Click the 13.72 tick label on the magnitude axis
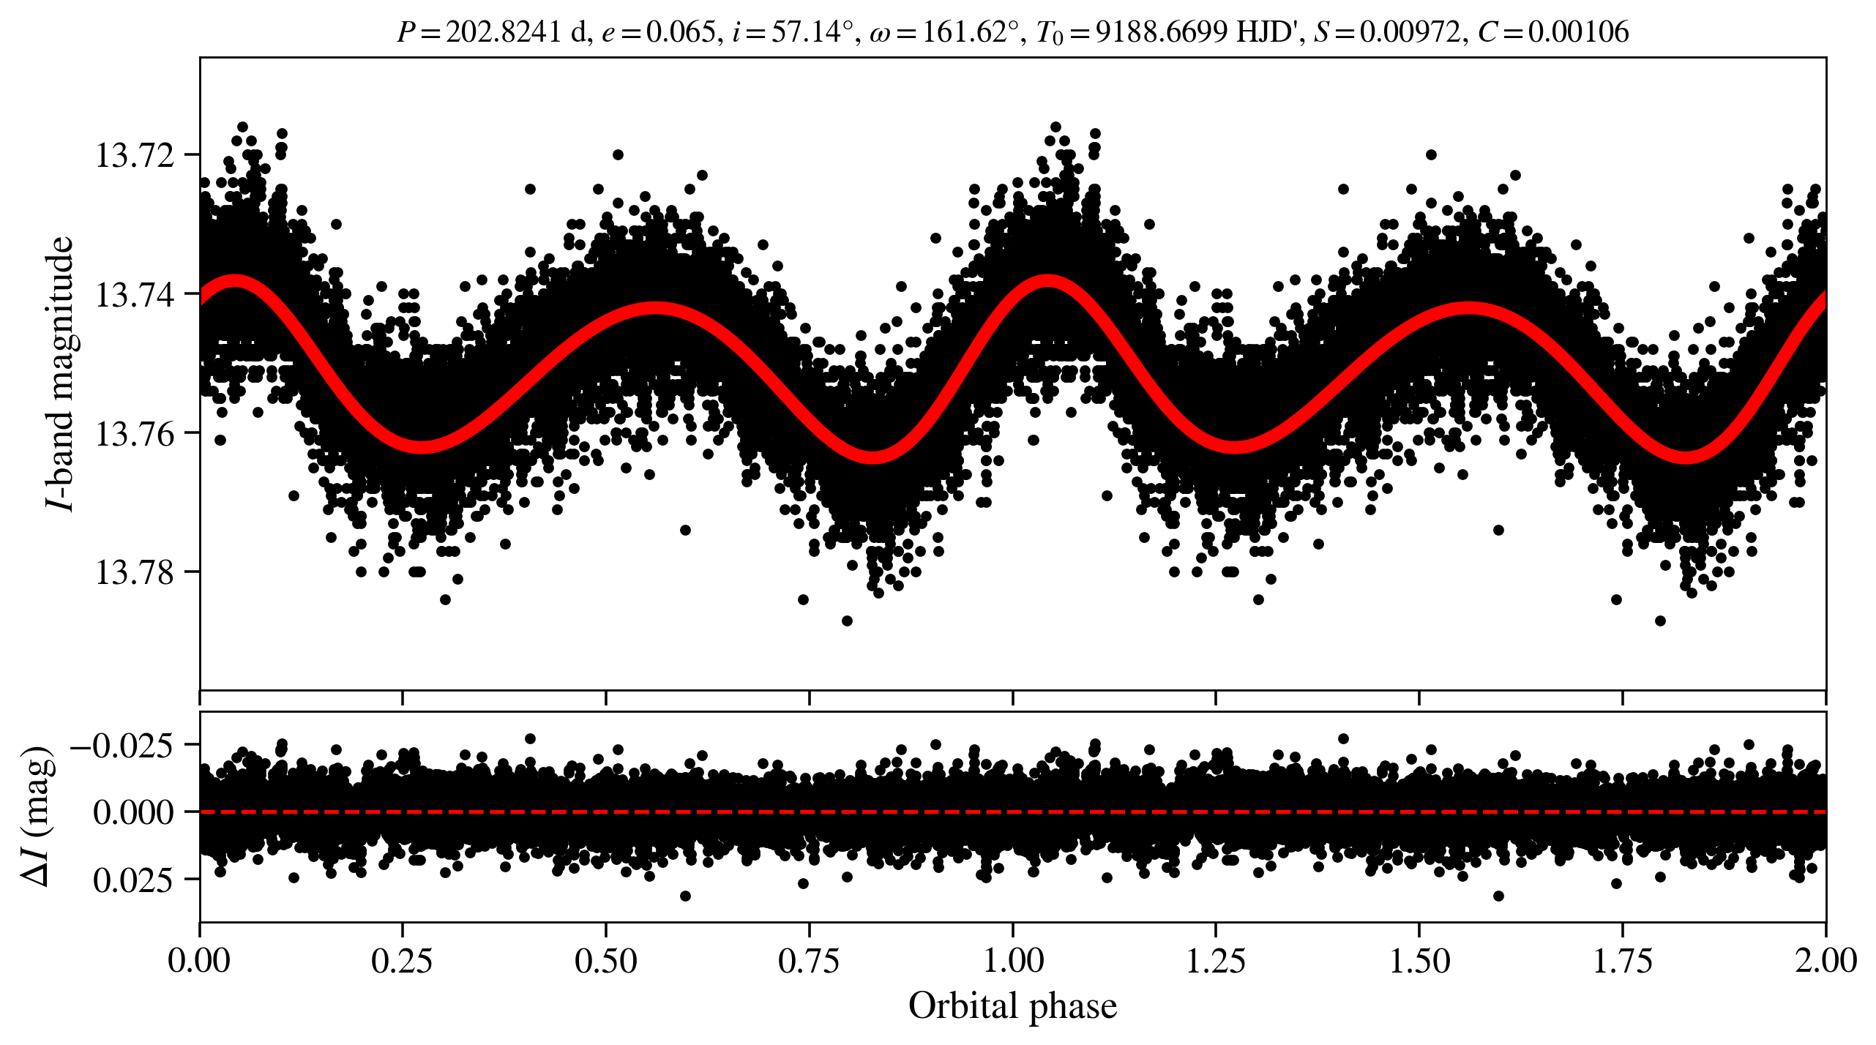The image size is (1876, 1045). point(135,156)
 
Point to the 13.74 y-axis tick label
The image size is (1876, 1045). point(135,295)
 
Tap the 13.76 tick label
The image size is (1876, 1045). point(135,434)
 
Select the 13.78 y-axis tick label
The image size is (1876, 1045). point(135,572)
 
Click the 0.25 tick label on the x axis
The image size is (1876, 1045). point(402,960)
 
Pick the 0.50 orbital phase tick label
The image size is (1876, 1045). point(605,960)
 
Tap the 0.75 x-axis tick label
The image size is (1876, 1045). point(809,960)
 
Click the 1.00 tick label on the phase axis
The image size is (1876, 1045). point(1012,960)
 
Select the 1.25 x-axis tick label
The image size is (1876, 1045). point(1216,960)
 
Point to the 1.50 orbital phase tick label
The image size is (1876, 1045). point(1419,960)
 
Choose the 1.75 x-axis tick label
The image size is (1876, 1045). point(1623,960)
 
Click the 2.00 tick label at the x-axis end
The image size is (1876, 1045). point(1825,960)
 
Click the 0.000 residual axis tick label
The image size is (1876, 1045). point(133,812)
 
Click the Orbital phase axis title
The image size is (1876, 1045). point(1012,1006)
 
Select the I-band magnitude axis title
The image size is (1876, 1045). point(60,373)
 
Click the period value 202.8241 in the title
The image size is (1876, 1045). point(504,32)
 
